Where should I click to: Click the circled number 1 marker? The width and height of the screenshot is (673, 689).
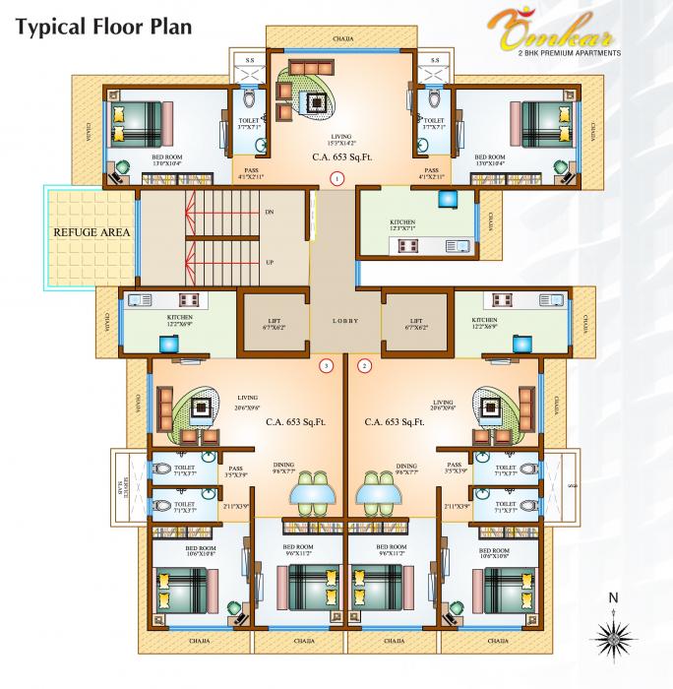[x=336, y=179]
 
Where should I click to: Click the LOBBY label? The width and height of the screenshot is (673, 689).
[x=345, y=322]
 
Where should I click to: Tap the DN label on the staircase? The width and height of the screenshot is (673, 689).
[x=270, y=213]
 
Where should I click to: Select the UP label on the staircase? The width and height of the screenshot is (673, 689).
[x=270, y=263]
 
